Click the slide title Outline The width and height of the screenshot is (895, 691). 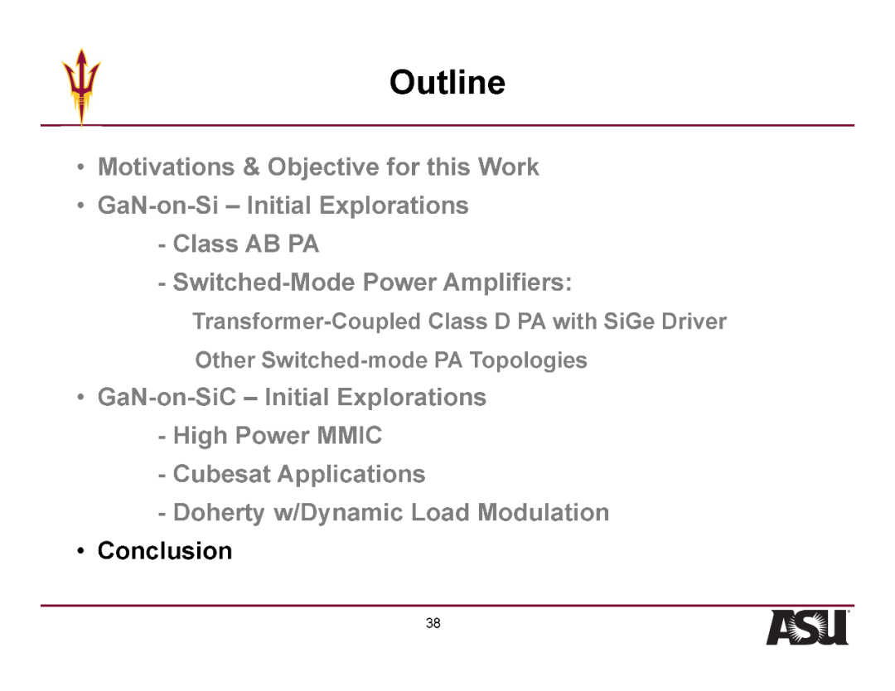point(447,82)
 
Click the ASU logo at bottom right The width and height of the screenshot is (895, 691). point(807,627)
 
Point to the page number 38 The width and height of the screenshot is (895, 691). point(433,623)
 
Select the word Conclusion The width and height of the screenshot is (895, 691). point(165,551)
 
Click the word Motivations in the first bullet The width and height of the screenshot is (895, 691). point(166,167)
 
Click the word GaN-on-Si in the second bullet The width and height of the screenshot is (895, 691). point(158,205)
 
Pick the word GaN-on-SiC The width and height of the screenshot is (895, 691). point(167,397)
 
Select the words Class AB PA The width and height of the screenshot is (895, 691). point(246,244)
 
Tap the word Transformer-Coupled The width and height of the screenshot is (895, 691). point(307,321)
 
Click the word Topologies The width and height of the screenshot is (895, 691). point(528,360)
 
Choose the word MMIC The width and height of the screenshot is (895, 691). point(350,435)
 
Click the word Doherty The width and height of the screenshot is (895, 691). point(219,512)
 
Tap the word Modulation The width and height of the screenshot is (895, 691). point(544,512)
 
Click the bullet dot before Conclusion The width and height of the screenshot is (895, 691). point(81,551)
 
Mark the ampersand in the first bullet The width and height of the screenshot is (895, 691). point(251,167)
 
